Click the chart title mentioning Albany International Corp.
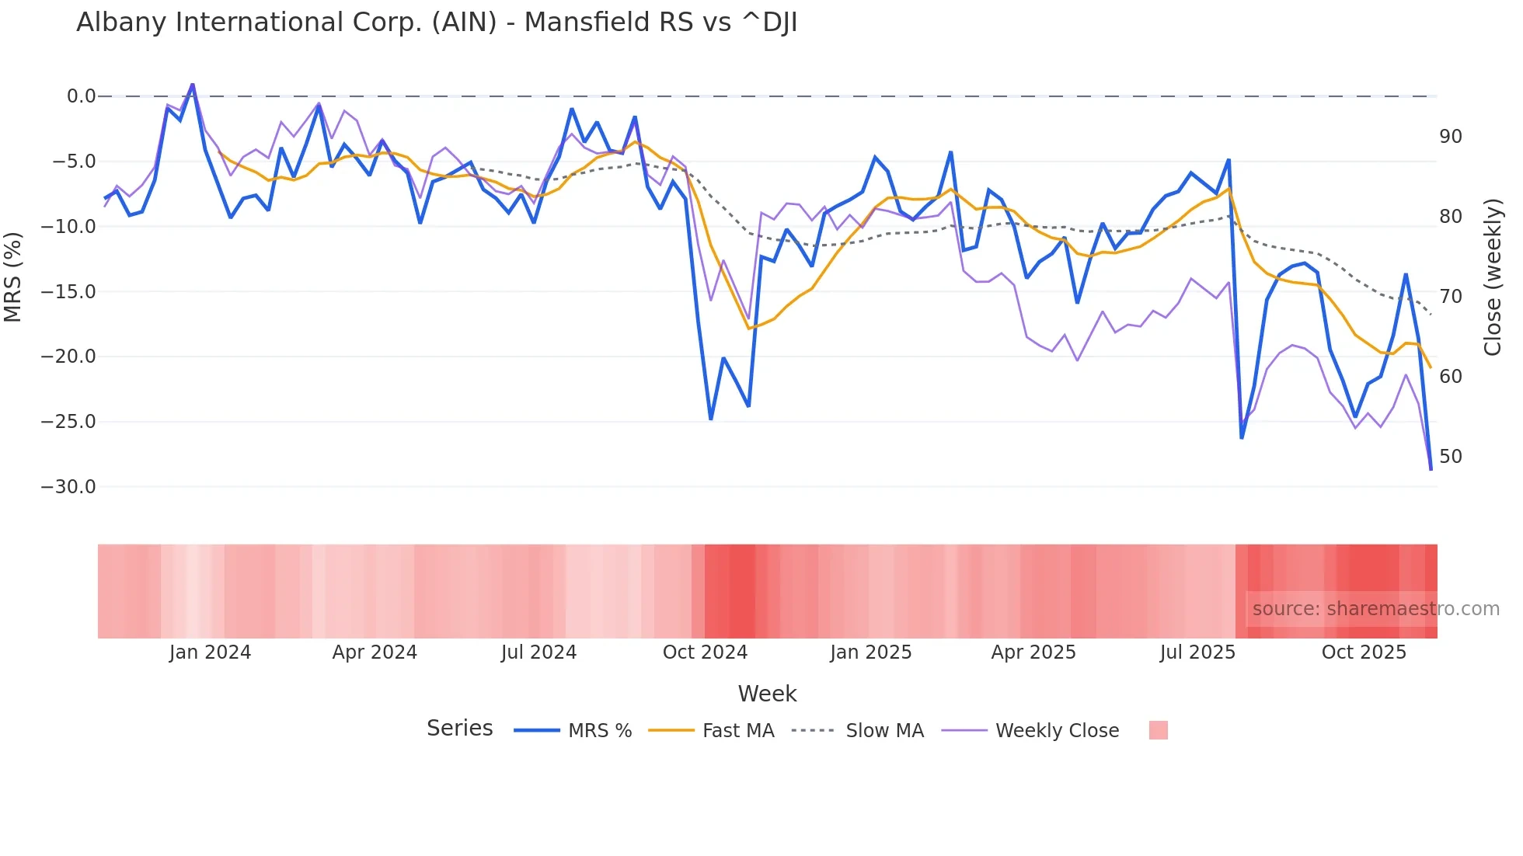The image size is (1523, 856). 437,23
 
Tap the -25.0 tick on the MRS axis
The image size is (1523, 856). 68,422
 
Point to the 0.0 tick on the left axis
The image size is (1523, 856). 81,96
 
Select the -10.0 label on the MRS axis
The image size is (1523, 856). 68,227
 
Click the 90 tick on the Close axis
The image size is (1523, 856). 1450,137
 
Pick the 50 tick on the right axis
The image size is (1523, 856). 1450,457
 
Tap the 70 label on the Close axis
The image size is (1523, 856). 1450,297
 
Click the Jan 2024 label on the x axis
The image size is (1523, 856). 210,652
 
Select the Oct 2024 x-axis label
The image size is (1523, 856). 705,652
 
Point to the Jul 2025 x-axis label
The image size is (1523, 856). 1197,652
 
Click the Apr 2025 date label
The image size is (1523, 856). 1033,652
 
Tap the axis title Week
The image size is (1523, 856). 767,694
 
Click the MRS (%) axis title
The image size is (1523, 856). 13,277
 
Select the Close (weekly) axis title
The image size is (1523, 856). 1492,277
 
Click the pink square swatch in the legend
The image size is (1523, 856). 1158,730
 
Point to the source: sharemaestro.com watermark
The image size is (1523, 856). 1375,609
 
